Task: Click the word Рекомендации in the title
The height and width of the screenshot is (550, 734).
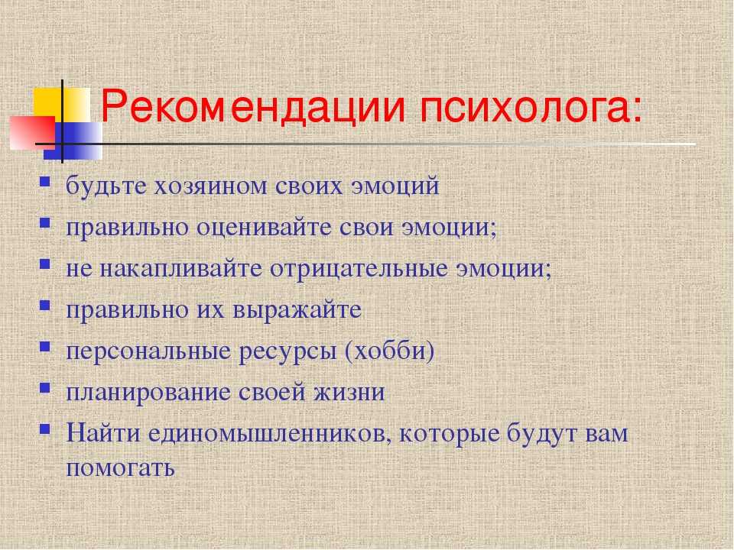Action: (253, 108)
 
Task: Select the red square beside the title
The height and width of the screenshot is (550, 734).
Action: (32, 132)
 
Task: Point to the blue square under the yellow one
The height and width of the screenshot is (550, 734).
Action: (73, 141)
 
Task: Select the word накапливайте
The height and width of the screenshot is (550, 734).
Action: (180, 269)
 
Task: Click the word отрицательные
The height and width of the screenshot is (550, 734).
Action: (359, 269)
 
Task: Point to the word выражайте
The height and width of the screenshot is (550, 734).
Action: (297, 310)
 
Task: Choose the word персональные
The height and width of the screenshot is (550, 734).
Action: (148, 351)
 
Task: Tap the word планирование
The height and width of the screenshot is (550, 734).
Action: (148, 393)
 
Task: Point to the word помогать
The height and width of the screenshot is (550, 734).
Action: (120, 467)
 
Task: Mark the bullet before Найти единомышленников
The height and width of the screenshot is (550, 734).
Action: (45, 429)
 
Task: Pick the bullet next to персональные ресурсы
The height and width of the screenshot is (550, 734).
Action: (45, 346)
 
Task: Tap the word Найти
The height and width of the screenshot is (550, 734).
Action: (103, 433)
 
